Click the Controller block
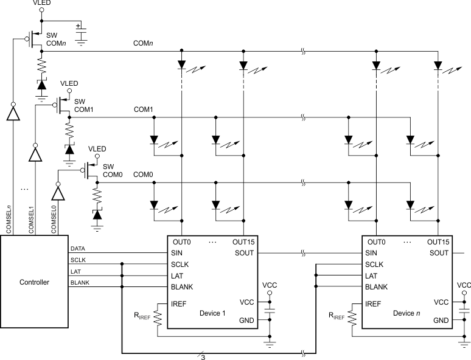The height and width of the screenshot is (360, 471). tap(35, 282)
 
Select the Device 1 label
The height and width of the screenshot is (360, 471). tap(212, 313)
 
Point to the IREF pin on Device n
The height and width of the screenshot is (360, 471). tap(374, 302)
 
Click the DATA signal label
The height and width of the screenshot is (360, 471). tap(78, 249)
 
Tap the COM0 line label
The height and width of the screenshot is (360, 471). tap(144, 175)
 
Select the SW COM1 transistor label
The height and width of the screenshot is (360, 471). tap(80, 105)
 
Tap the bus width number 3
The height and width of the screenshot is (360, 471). tap(203, 357)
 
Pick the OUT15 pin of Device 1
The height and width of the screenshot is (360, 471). tap(243, 242)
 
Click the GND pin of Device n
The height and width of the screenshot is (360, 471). tap(441, 320)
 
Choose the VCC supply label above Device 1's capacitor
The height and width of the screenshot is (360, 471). tap(270, 285)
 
